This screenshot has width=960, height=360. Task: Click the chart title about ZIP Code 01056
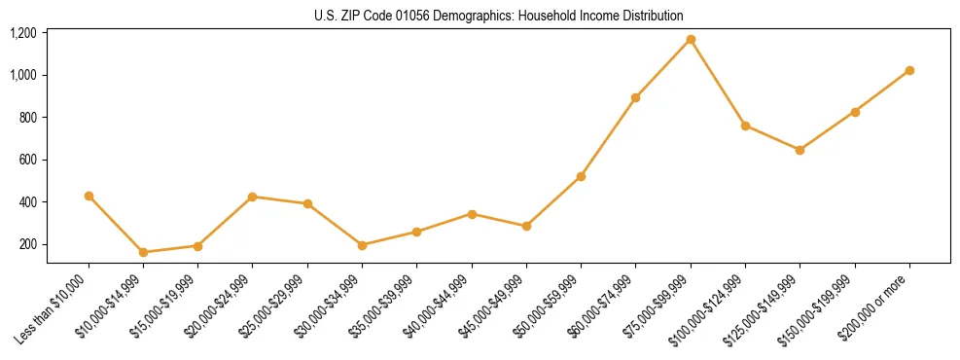(499, 16)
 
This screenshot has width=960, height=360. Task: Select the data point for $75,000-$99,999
(691, 40)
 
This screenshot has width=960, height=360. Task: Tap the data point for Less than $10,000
(89, 196)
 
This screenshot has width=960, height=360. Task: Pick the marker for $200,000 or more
(909, 70)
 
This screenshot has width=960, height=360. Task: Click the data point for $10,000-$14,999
(143, 252)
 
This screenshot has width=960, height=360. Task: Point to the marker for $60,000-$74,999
(635, 97)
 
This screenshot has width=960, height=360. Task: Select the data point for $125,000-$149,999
(800, 150)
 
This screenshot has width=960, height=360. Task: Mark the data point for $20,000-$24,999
(253, 197)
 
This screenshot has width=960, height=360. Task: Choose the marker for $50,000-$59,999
(581, 176)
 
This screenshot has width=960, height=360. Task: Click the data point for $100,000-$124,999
(745, 126)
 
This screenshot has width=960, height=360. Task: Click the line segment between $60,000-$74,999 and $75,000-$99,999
(662, 69)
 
